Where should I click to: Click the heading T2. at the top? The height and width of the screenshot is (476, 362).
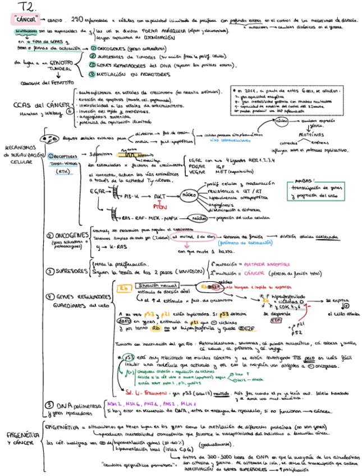point(28,7)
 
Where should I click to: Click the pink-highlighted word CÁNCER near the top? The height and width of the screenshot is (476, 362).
point(25,20)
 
